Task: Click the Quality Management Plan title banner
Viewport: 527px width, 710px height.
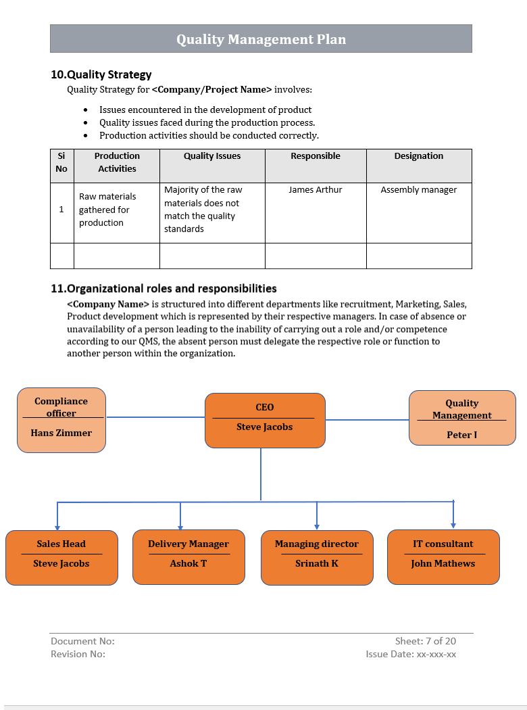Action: pyautogui.click(x=261, y=39)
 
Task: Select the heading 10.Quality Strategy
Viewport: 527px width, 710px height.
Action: pyautogui.click(x=101, y=74)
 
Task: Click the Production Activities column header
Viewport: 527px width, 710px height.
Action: pyautogui.click(x=117, y=162)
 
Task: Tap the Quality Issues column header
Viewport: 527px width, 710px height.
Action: pyautogui.click(x=212, y=156)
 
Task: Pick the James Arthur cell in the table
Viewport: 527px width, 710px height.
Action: pyautogui.click(x=315, y=190)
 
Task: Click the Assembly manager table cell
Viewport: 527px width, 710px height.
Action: pyautogui.click(x=418, y=190)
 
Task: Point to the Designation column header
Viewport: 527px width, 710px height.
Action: pyautogui.click(x=418, y=156)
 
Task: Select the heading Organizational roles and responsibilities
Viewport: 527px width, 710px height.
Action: pyautogui.click(x=164, y=288)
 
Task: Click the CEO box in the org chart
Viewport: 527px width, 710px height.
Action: pyautogui.click(x=265, y=421)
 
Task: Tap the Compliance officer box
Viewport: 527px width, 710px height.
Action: pyautogui.click(x=61, y=421)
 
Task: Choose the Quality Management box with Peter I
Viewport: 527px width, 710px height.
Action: pyautogui.click(x=462, y=418)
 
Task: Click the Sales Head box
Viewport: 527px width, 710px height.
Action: pyautogui.click(x=61, y=557)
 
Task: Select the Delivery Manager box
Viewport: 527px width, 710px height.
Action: pyautogui.click(x=189, y=557)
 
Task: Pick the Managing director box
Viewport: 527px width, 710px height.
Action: pyautogui.click(x=317, y=557)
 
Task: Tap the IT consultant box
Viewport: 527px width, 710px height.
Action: pyautogui.click(x=443, y=557)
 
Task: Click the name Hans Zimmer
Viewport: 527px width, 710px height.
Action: pyautogui.click(x=61, y=433)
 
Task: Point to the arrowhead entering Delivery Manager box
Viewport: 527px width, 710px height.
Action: pyautogui.click(x=180, y=526)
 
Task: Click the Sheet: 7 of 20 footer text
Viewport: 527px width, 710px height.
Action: pyautogui.click(x=425, y=641)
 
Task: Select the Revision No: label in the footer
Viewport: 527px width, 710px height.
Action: pyautogui.click(x=78, y=654)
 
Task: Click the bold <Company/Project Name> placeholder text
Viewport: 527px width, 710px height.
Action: pyautogui.click(x=211, y=89)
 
